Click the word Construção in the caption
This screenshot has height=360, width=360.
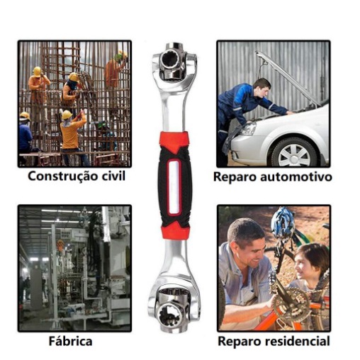point(62,176)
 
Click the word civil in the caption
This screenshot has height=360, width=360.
point(113,176)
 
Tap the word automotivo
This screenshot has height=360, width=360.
point(296,176)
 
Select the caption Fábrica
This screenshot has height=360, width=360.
point(70,341)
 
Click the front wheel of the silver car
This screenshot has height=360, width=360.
point(294,152)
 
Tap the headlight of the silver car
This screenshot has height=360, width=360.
point(248,129)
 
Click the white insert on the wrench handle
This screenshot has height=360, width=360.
point(174,186)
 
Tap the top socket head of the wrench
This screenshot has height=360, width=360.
point(174,62)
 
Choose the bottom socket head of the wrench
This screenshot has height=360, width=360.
point(173,310)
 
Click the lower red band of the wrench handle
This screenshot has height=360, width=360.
point(175,231)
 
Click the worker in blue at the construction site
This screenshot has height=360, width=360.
point(25,135)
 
